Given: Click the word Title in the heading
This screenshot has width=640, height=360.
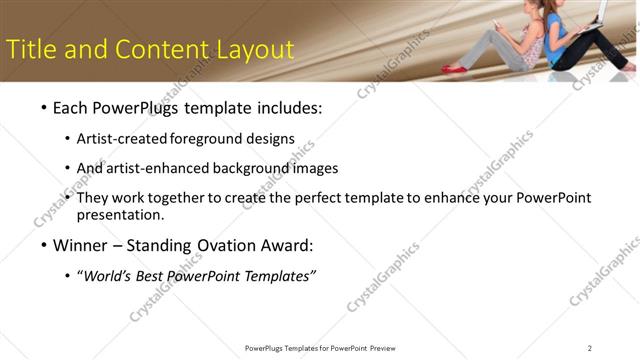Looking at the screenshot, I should coord(30,49).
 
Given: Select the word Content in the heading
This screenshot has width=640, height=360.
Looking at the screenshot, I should coord(154,49).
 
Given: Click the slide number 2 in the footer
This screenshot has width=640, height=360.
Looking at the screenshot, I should coord(589,348).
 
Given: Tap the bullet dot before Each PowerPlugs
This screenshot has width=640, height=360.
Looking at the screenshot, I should coord(43,108).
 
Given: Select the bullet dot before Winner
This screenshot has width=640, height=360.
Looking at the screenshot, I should coord(43,245).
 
